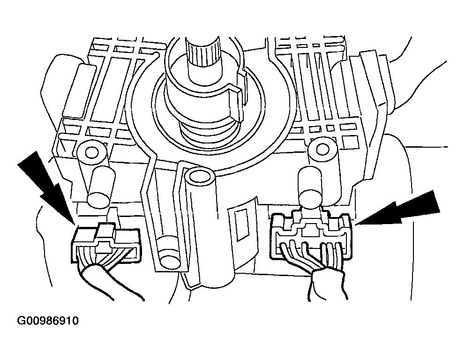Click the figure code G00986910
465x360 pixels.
[x=48, y=321]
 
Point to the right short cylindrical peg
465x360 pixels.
[x=310, y=185]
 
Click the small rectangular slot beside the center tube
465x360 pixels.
[x=241, y=225]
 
